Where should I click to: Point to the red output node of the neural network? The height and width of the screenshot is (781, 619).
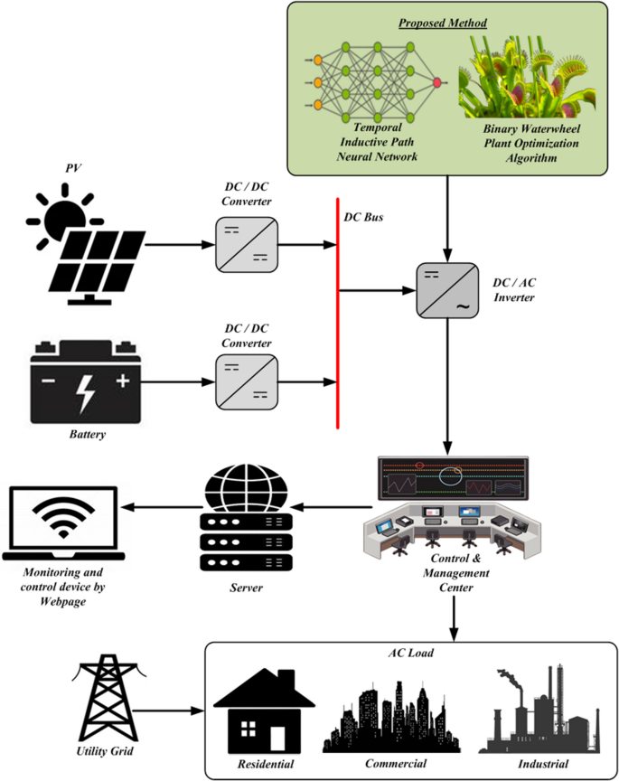(437, 82)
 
